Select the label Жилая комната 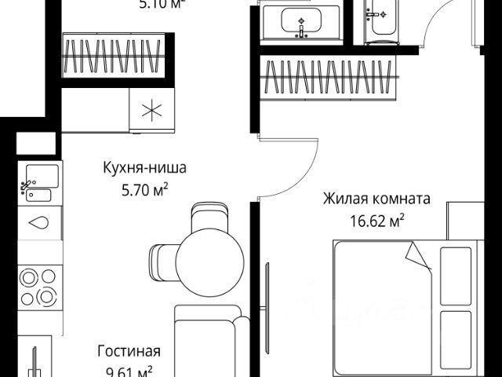coord(376,198)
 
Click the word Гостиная coord(129,350)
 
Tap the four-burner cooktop coord(40,287)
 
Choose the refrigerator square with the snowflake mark coord(148,110)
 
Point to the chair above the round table coord(209,218)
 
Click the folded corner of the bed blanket coord(418,254)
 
